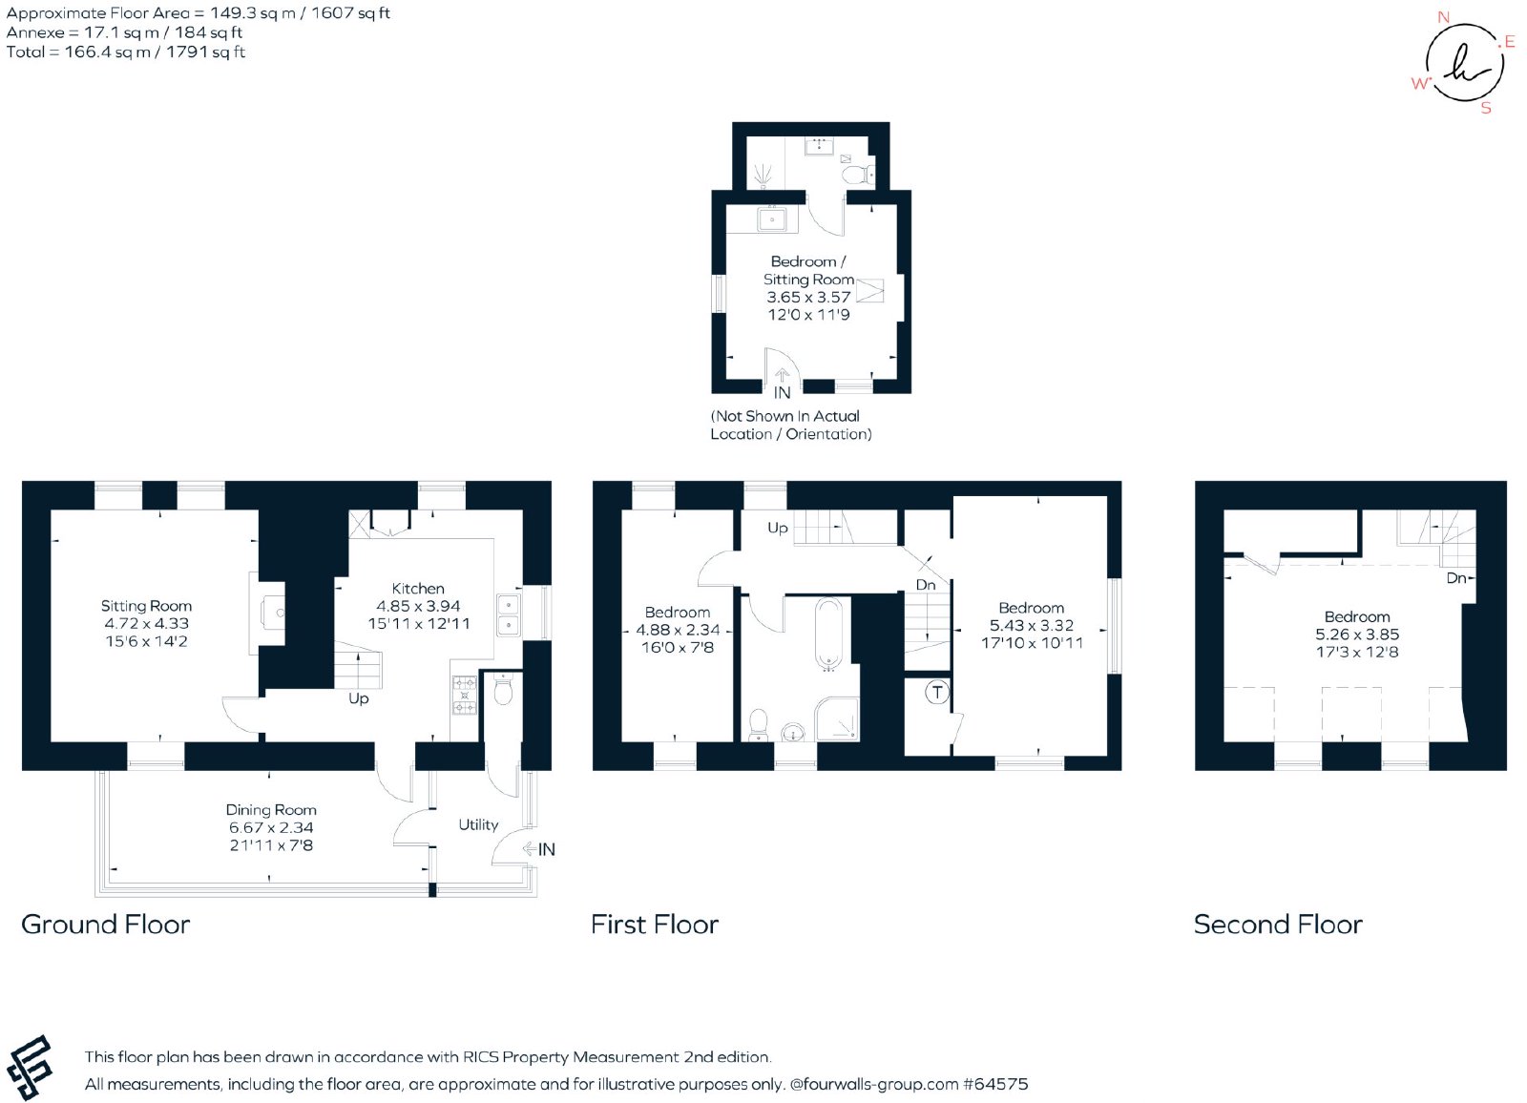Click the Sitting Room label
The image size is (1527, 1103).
tap(146, 605)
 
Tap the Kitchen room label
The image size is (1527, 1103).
tap(418, 589)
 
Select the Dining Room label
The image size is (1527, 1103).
tap(271, 810)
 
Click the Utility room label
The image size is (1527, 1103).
tap(478, 824)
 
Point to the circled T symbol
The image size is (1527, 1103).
tap(937, 693)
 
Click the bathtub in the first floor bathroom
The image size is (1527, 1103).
tap(829, 634)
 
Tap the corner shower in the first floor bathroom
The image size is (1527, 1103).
tap(837, 718)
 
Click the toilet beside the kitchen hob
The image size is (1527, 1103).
tap(503, 689)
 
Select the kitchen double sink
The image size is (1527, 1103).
tap(509, 614)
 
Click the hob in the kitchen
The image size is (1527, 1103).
tap(465, 695)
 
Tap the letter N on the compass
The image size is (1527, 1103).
tap(1443, 17)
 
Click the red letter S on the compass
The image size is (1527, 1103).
tap(1486, 108)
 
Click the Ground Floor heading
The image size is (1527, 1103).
tap(106, 925)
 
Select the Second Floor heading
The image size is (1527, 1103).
tap(1278, 925)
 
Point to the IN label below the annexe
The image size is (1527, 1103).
tap(782, 393)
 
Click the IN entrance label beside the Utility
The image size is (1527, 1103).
tap(547, 849)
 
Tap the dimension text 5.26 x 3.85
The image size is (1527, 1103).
tap(1357, 634)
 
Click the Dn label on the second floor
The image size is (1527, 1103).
tap(1455, 578)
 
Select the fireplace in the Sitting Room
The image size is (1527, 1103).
tap(267, 614)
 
